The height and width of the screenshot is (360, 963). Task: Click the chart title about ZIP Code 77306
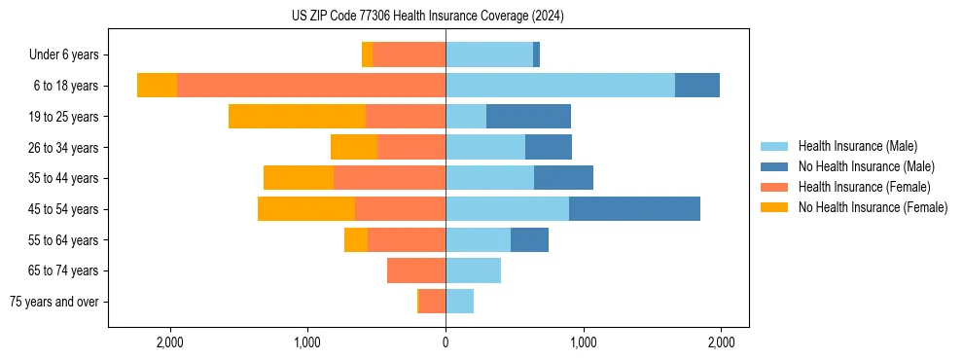tap(427, 17)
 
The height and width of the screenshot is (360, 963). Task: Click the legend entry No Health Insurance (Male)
tap(866, 166)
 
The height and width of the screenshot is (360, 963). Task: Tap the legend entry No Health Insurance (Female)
tap(873, 207)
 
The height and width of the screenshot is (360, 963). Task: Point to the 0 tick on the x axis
tap(446, 342)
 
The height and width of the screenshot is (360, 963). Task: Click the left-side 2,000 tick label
tap(170, 342)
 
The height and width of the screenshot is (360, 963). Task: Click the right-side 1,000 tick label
tap(584, 342)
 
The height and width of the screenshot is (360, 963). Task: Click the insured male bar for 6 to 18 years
tap(560, 86)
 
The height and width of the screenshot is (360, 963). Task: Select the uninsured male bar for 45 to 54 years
tap(634, 209)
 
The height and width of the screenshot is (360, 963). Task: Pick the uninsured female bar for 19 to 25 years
tap(297, 117)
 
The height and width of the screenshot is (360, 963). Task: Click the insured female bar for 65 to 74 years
tap(416, 270)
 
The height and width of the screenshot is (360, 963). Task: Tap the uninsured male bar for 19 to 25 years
tap(528, 117)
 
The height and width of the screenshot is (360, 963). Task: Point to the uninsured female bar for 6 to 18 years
tap(157, 86)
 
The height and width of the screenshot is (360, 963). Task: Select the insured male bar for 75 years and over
tap(459, 302)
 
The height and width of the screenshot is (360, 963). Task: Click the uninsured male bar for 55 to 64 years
tap(529, 239)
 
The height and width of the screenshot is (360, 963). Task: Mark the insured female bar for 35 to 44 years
tap(389, 178)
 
